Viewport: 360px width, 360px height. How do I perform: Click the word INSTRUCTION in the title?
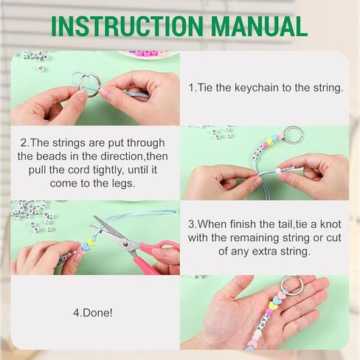coord(127,27)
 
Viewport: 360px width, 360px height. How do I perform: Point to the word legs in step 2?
coord(123,184)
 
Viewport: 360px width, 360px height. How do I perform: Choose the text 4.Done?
coord(93,313)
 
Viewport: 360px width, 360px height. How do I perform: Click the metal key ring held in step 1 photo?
coord(90,86)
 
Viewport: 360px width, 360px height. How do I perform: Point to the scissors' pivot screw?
coord(125,243)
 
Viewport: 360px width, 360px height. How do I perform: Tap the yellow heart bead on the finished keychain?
coord(273,306)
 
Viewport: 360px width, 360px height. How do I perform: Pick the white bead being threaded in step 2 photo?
coord(279,171)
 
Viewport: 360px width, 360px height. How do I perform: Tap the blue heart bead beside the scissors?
coord(85,246)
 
